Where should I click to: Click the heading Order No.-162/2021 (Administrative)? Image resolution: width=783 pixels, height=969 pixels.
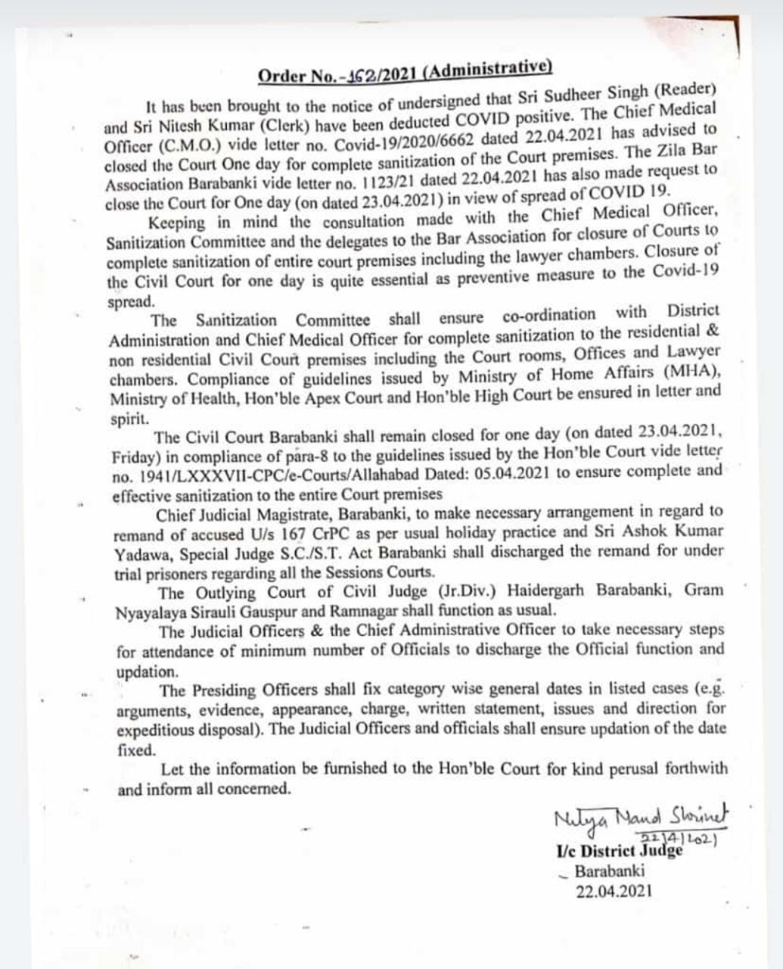coord(405,73)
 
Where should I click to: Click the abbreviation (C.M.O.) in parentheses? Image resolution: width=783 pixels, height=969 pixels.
coord(173,145)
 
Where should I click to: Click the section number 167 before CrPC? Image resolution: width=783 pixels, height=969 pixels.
coord(315,532)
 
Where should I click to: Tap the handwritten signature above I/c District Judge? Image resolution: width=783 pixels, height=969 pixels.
coord(641,817)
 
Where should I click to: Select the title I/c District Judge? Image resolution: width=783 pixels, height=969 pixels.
coord(619,851)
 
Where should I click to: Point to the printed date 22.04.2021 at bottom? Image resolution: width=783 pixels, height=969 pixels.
coord(614,890)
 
